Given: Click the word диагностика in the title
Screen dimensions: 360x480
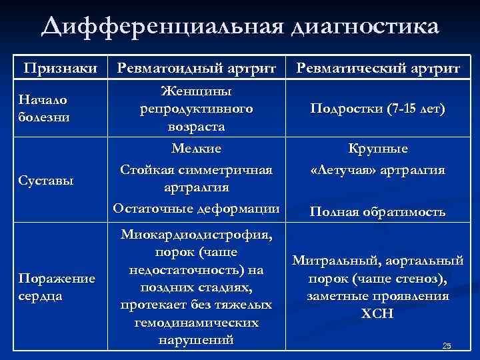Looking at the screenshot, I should [365, 28].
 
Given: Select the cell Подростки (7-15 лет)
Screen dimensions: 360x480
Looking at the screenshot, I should [377, 109].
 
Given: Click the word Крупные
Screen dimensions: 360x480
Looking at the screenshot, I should [378, 149].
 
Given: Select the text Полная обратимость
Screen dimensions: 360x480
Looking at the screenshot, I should [378, 212].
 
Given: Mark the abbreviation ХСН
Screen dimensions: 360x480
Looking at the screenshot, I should [378, 313].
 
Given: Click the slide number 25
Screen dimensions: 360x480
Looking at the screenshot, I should [447, 345].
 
